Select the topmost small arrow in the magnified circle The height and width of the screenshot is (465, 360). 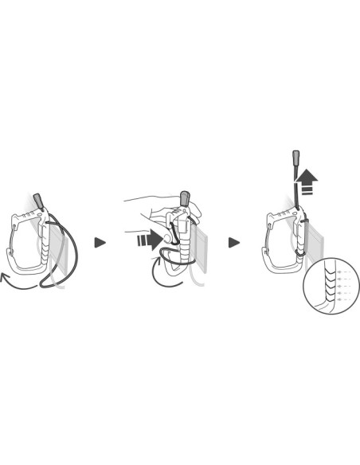tap(340, 272)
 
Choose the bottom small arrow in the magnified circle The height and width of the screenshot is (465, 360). tap(340, 303)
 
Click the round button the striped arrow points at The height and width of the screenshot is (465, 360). tap(167, 236)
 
